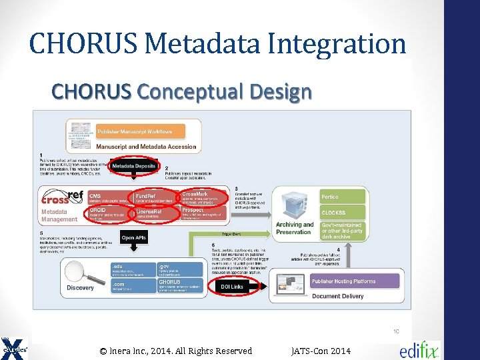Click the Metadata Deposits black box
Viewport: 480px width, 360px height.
click(x=134, y=165)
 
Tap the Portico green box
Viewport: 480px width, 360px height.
click(x=343, y=197)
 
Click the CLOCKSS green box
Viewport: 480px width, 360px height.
click(x=343, y=213)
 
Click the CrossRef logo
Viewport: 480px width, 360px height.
click(x=63, y=198)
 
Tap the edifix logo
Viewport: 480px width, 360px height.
click(x=419, y=351)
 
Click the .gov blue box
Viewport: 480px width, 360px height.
click(x=179, y=269)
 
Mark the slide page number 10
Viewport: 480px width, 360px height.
click(x=395, y=331)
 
